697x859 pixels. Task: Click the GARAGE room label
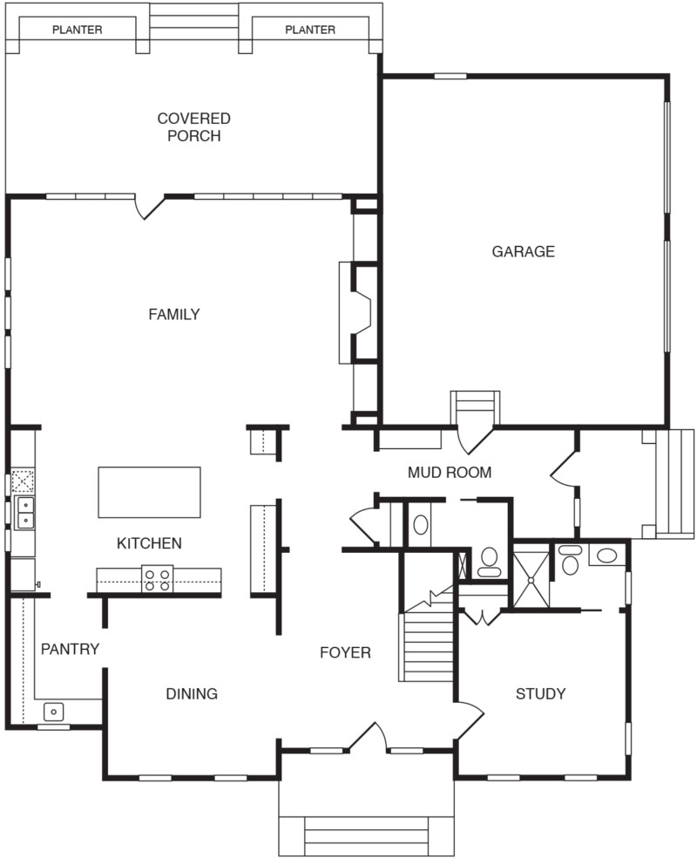(x=523, y=252)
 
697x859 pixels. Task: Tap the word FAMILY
(x=173, y=315)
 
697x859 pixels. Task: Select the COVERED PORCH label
(x=193, y=127)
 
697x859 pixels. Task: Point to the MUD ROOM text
(x=450, y=473)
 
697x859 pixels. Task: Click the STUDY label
(x=540, y=694)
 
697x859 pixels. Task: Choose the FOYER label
(x=345, y=652)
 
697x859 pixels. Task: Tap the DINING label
(x=192, y=694)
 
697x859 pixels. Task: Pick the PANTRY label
(x=70, y=649)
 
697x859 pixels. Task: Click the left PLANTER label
(x=77, y=30)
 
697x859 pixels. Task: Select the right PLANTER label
(x=310, y=30)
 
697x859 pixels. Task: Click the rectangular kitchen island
(x=149, y=493)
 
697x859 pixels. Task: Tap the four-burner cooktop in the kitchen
(x=158, y=580)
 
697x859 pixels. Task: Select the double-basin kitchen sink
(x=25, y=513)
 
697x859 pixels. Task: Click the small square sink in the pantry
(x=54, y=712)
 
